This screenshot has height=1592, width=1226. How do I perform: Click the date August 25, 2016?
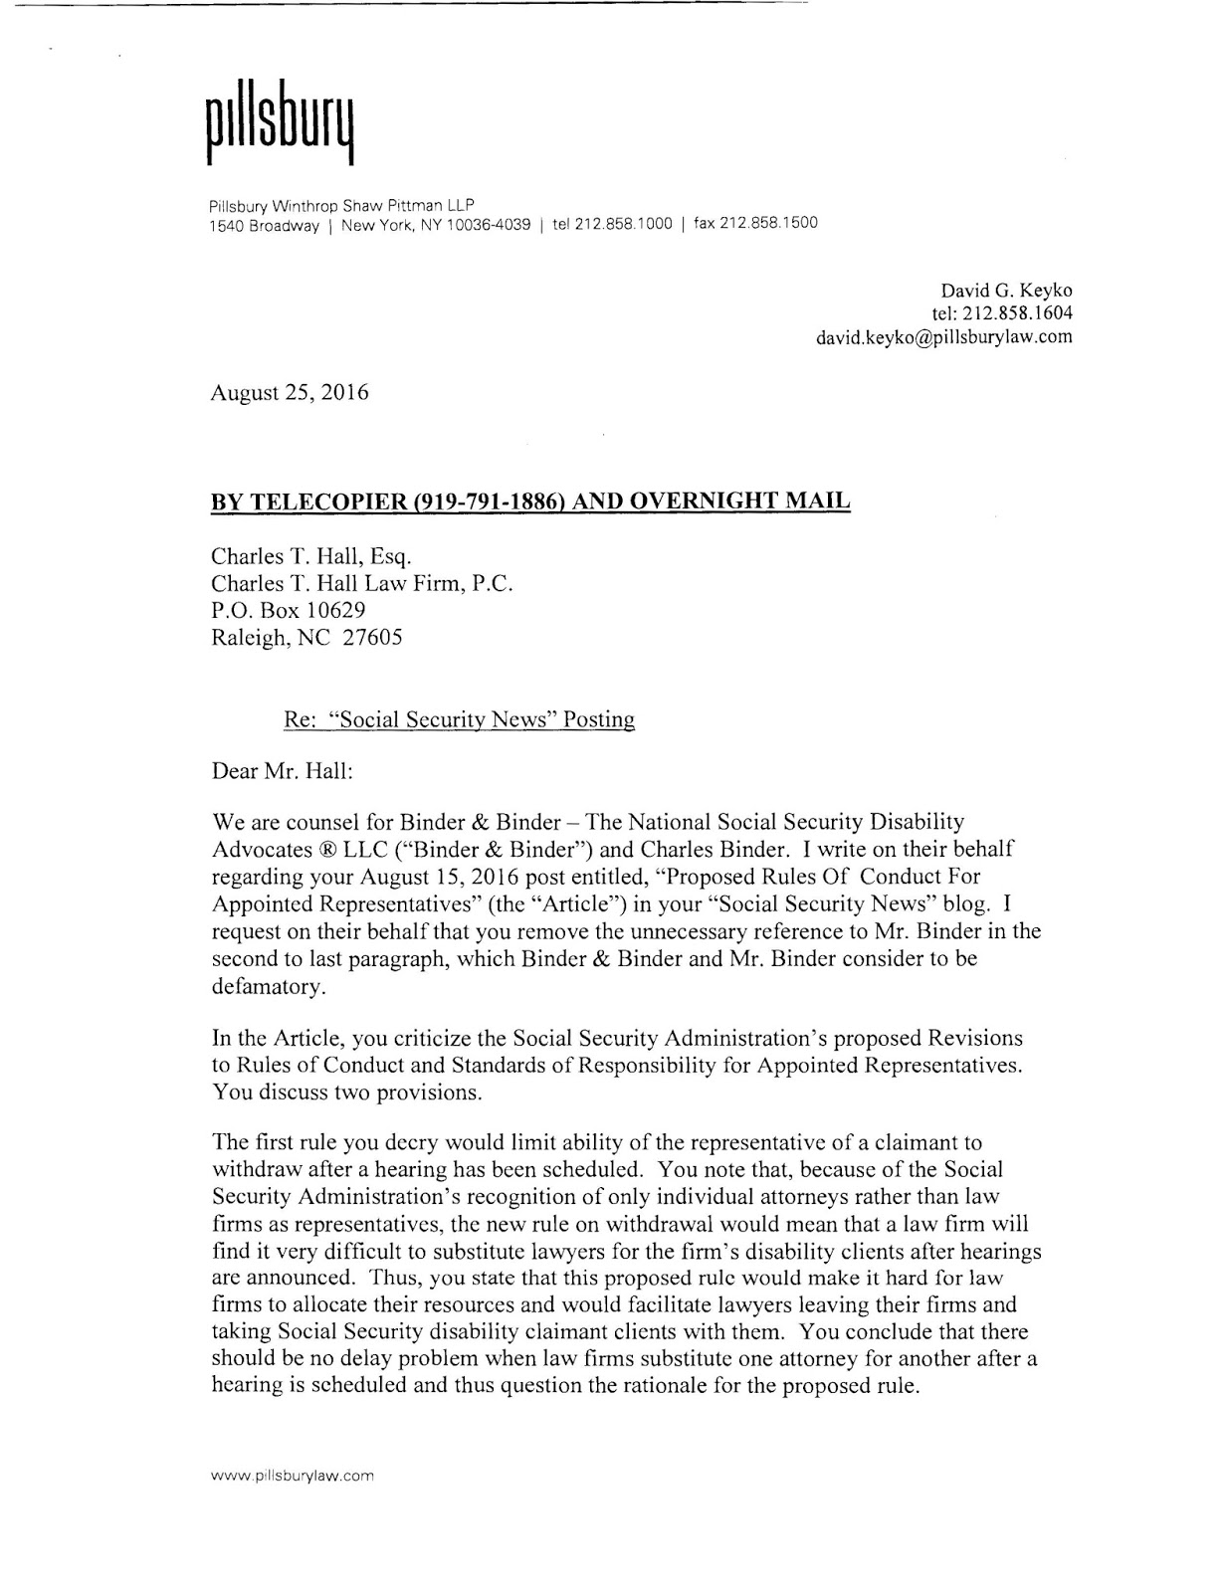(289, 392)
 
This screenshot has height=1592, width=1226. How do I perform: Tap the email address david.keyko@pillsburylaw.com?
(943, 336)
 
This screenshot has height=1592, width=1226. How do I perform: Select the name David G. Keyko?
(1006, 291)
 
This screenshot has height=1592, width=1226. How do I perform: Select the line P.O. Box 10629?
(289, 611)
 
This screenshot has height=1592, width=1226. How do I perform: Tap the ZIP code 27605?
(372, 638)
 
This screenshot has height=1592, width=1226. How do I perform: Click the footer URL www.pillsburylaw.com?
(291, 1477)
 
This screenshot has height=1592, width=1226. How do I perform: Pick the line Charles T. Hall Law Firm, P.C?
(362, 584)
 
